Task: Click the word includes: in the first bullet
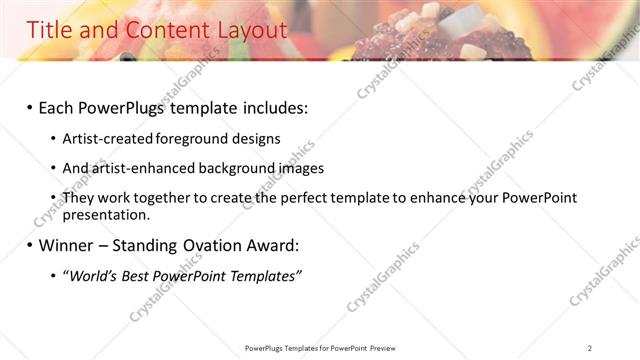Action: tap(270, 106)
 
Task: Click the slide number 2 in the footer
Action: tap(590, 348)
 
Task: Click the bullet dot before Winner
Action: tap(30, 245)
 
